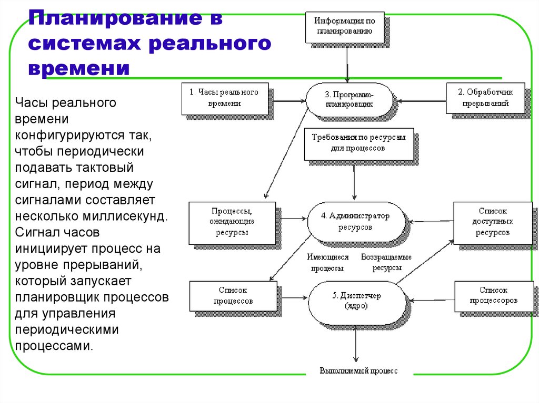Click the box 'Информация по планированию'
coord(345,27)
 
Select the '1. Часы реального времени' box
coord(224,98)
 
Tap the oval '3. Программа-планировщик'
coord(348,99)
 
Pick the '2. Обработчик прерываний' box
coord(485,98)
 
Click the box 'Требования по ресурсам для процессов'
coord(358,143)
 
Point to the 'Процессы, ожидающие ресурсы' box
coord(232,222)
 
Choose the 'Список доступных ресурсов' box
coord(493,222)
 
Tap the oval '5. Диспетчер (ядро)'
coord(356,300)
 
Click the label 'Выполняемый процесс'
coord(358,371)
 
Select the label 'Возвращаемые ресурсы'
coord(386,262)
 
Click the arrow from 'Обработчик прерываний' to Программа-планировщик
coord(421,99)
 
